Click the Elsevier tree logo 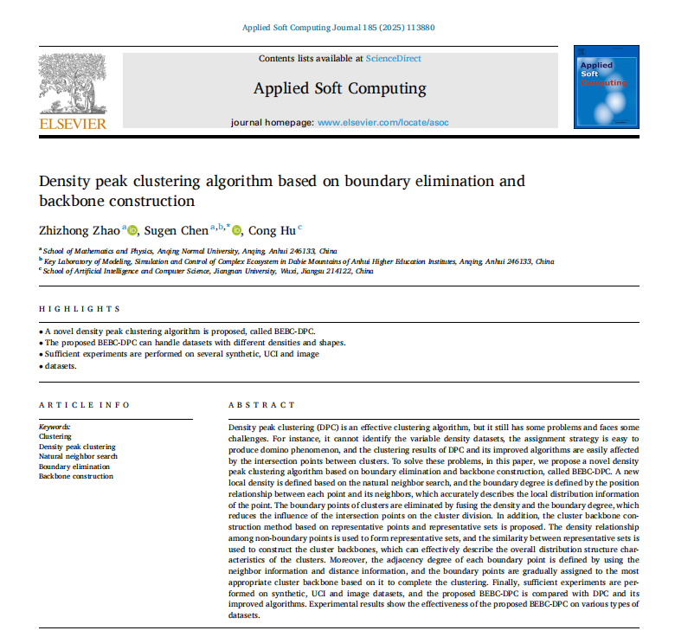pos(73,84)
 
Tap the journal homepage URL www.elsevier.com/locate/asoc pos(383,123)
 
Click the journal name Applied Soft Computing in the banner pos(339,88)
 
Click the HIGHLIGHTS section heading pos(80,309)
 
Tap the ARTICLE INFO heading pos(84,404)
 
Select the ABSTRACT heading pos(261,404)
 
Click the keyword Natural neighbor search pos(78,456)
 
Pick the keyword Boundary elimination pos(74,466)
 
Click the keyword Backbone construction pos(76,476)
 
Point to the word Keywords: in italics pos(55,427)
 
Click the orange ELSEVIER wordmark pos(73,123)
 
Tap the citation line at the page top pos(337,28)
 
